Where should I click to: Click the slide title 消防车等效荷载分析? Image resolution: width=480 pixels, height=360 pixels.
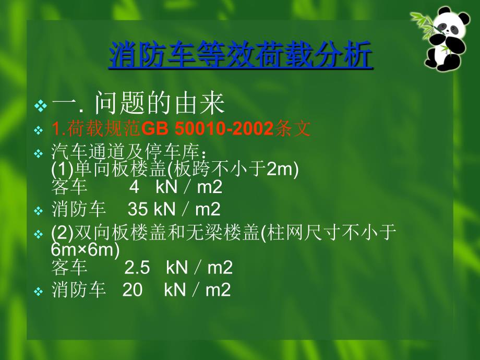(241, 55)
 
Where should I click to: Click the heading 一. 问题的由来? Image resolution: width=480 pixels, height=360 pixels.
(138, 103)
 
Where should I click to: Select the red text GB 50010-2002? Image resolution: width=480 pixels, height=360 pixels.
(207, 128)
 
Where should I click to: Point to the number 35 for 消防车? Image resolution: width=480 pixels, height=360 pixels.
(137, 209)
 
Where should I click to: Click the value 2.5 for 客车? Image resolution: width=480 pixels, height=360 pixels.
(137, 268)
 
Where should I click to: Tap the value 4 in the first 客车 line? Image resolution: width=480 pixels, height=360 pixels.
(134, 187)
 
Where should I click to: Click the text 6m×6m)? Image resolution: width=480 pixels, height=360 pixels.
(86, 250)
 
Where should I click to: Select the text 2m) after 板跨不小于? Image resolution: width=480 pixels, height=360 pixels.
(282, 169)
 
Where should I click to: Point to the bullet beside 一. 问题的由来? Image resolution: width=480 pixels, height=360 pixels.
(41, 105)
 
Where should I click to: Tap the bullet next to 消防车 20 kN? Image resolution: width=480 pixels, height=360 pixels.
(39, 292)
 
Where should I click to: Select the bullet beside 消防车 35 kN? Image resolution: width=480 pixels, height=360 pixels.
(39, 211)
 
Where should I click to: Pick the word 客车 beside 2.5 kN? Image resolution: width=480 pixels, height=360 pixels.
(69, 268)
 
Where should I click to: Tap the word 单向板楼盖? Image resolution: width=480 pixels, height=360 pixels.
(121, 169)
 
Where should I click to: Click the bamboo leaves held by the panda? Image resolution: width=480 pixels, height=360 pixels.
(426, 25)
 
